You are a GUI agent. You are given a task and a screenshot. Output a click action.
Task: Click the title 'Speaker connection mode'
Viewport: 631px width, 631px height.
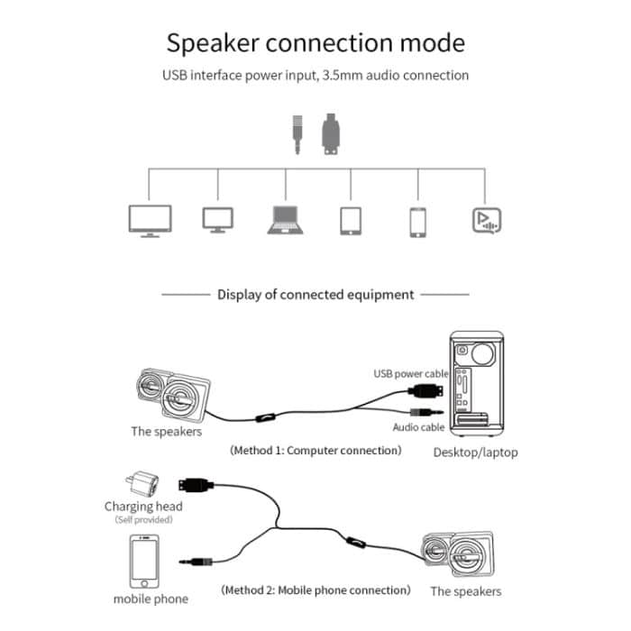(x=315, y=42)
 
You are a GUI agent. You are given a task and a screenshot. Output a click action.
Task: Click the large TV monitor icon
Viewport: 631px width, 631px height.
(x=144, y=220)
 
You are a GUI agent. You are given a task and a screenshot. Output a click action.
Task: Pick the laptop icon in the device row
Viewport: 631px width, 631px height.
(x=287, y=220)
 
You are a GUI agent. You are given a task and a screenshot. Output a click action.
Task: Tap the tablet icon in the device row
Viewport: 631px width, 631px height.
(x=351, y=221)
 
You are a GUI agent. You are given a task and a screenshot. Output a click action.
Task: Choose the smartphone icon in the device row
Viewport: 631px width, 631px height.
(x=417, y=222)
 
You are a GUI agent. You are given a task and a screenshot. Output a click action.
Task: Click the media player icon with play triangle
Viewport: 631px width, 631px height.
(x=486, y=220)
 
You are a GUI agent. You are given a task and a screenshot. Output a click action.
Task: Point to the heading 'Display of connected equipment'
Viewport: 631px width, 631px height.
(x=315, y=294)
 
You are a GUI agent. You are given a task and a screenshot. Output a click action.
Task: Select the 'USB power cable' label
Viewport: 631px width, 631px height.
(x=409, y=373)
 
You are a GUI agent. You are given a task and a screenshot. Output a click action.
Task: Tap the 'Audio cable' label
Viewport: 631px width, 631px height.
(x=418, y=427)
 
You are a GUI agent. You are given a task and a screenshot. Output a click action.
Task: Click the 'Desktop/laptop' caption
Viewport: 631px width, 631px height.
(x=475, y=452)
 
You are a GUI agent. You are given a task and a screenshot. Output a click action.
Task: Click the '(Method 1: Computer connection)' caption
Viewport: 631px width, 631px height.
(x=315, y=449)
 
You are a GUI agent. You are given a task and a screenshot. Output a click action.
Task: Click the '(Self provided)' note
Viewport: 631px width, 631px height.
(x=143, y=520)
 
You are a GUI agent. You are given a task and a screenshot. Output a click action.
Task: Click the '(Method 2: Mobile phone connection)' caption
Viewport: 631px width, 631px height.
(x=315, y=590)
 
